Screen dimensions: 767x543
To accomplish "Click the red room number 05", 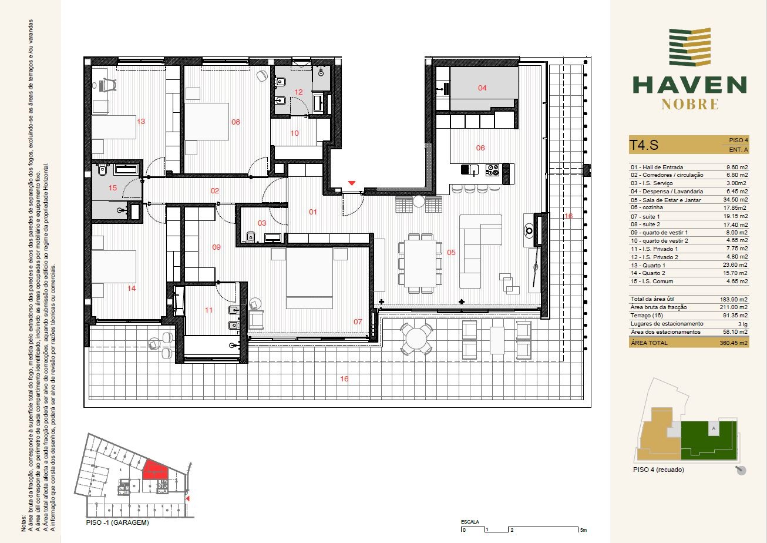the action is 451,253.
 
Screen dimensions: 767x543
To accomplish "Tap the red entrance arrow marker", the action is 352,183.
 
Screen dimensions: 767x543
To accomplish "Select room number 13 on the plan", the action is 141,121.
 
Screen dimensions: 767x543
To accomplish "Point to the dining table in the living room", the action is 420,263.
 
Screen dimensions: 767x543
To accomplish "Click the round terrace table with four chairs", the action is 416,339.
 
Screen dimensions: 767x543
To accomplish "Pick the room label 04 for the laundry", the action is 482,88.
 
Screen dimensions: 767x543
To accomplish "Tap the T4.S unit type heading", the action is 644,145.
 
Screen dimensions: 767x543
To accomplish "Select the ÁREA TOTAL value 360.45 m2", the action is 734,343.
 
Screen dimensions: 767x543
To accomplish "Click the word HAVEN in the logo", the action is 689,85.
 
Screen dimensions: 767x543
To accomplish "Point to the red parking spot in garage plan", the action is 155,470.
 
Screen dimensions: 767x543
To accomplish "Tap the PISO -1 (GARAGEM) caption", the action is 117,522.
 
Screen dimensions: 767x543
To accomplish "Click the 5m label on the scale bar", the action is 583,530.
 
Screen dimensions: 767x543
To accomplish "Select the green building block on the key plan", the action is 708,440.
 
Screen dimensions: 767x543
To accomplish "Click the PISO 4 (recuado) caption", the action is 658,470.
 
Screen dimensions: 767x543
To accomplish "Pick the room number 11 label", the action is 208,310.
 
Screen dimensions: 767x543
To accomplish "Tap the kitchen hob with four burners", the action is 493,170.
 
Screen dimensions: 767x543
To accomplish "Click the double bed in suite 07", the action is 309,278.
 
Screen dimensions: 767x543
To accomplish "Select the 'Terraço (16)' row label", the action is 647,315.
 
